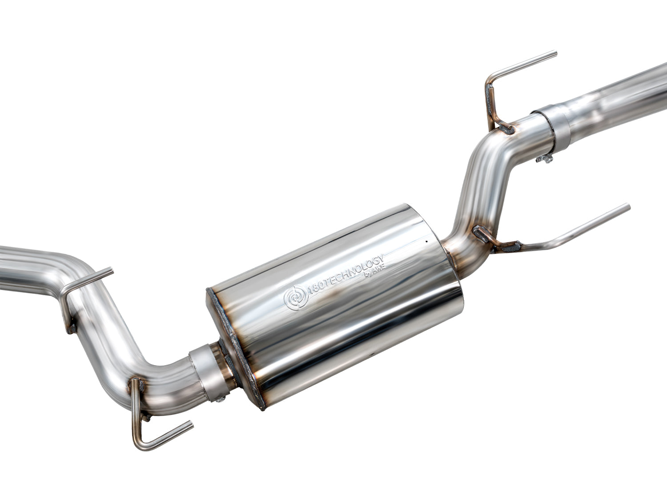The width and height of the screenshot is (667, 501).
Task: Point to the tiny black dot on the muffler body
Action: (426, 242)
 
